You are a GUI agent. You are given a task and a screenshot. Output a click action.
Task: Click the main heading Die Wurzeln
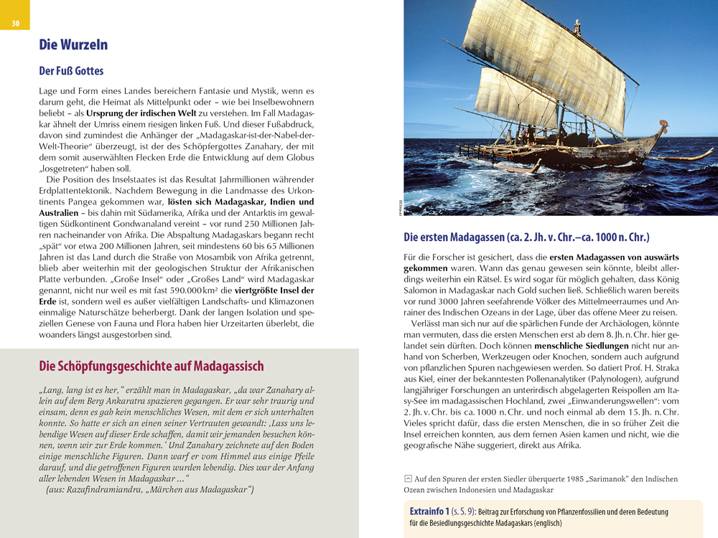73,44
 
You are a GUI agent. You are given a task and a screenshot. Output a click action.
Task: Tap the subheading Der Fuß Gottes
71,71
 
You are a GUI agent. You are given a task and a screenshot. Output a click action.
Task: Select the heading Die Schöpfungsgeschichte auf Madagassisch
151,367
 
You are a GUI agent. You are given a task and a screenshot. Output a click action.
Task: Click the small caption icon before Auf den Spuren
409,478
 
